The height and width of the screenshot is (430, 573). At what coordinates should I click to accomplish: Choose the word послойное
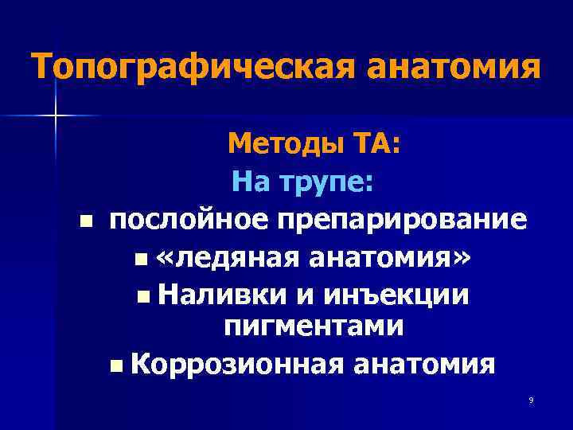[177, 220]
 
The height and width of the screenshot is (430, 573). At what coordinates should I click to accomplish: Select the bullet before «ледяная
[141, 258]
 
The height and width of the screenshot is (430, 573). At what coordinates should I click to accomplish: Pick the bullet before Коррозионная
[117, 365]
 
